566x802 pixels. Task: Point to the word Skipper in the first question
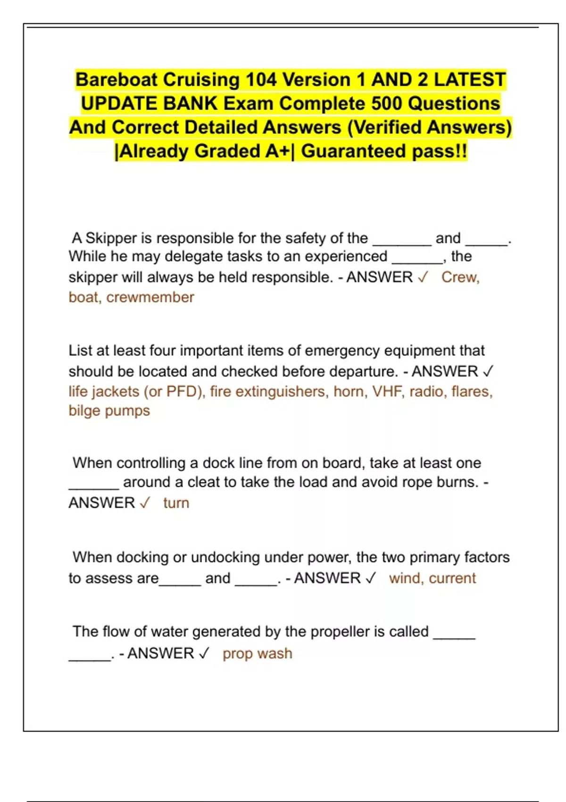point(112,238)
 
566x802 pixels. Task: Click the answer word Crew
point(460,277)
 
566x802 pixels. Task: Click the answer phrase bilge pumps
point(109,410)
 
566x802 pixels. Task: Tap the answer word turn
point(176,503)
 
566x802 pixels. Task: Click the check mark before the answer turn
point(145,502)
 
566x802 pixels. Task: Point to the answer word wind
point(405,578)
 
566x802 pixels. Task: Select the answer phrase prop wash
point(257,653)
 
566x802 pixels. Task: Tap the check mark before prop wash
point(204,653)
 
